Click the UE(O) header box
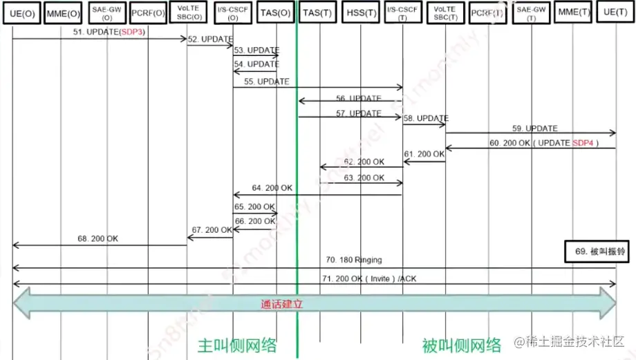coord(22,12)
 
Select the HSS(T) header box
coord(362,12)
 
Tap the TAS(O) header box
coord(275,12)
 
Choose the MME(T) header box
coord(572,12)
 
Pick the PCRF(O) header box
coord(148,12)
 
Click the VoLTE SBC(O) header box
coord(189,12)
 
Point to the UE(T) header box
coord(615,12)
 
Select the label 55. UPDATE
coord(272,82)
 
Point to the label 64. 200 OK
coord(272,188)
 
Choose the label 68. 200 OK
coord(98,238)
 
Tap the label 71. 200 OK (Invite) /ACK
coord(370,278)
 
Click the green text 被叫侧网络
coord(462,345)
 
